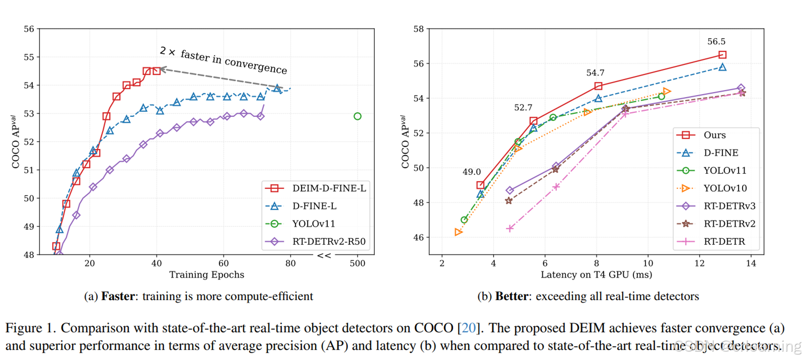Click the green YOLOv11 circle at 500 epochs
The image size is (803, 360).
pos(357,116)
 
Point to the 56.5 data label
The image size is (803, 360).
pos(716,42)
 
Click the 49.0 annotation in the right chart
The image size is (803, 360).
pos(471,172)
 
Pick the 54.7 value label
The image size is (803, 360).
pos(595,73)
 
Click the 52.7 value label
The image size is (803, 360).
pos(523,108)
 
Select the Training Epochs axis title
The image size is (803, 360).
pos(206,275)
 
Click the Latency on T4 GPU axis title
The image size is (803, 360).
pos(596,275)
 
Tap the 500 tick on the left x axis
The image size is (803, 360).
pos(357,264)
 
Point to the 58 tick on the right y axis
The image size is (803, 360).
pos(419,29)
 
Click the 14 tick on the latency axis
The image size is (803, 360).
pos(751,264)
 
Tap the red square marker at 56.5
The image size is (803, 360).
pos(722,55)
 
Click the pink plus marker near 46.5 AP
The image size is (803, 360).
pos(510,228)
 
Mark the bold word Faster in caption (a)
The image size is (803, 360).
pos(118,297)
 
